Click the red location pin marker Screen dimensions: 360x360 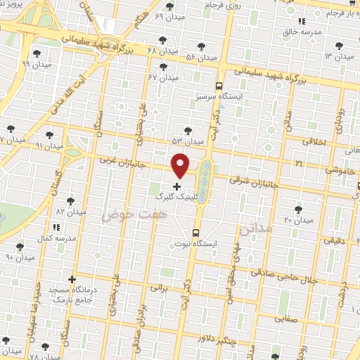[x=181, y=165]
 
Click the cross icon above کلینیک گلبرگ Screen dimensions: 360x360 [x=176, y=187]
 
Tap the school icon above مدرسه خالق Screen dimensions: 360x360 [x=302, y=22]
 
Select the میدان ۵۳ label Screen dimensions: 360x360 [x=188, y=141]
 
